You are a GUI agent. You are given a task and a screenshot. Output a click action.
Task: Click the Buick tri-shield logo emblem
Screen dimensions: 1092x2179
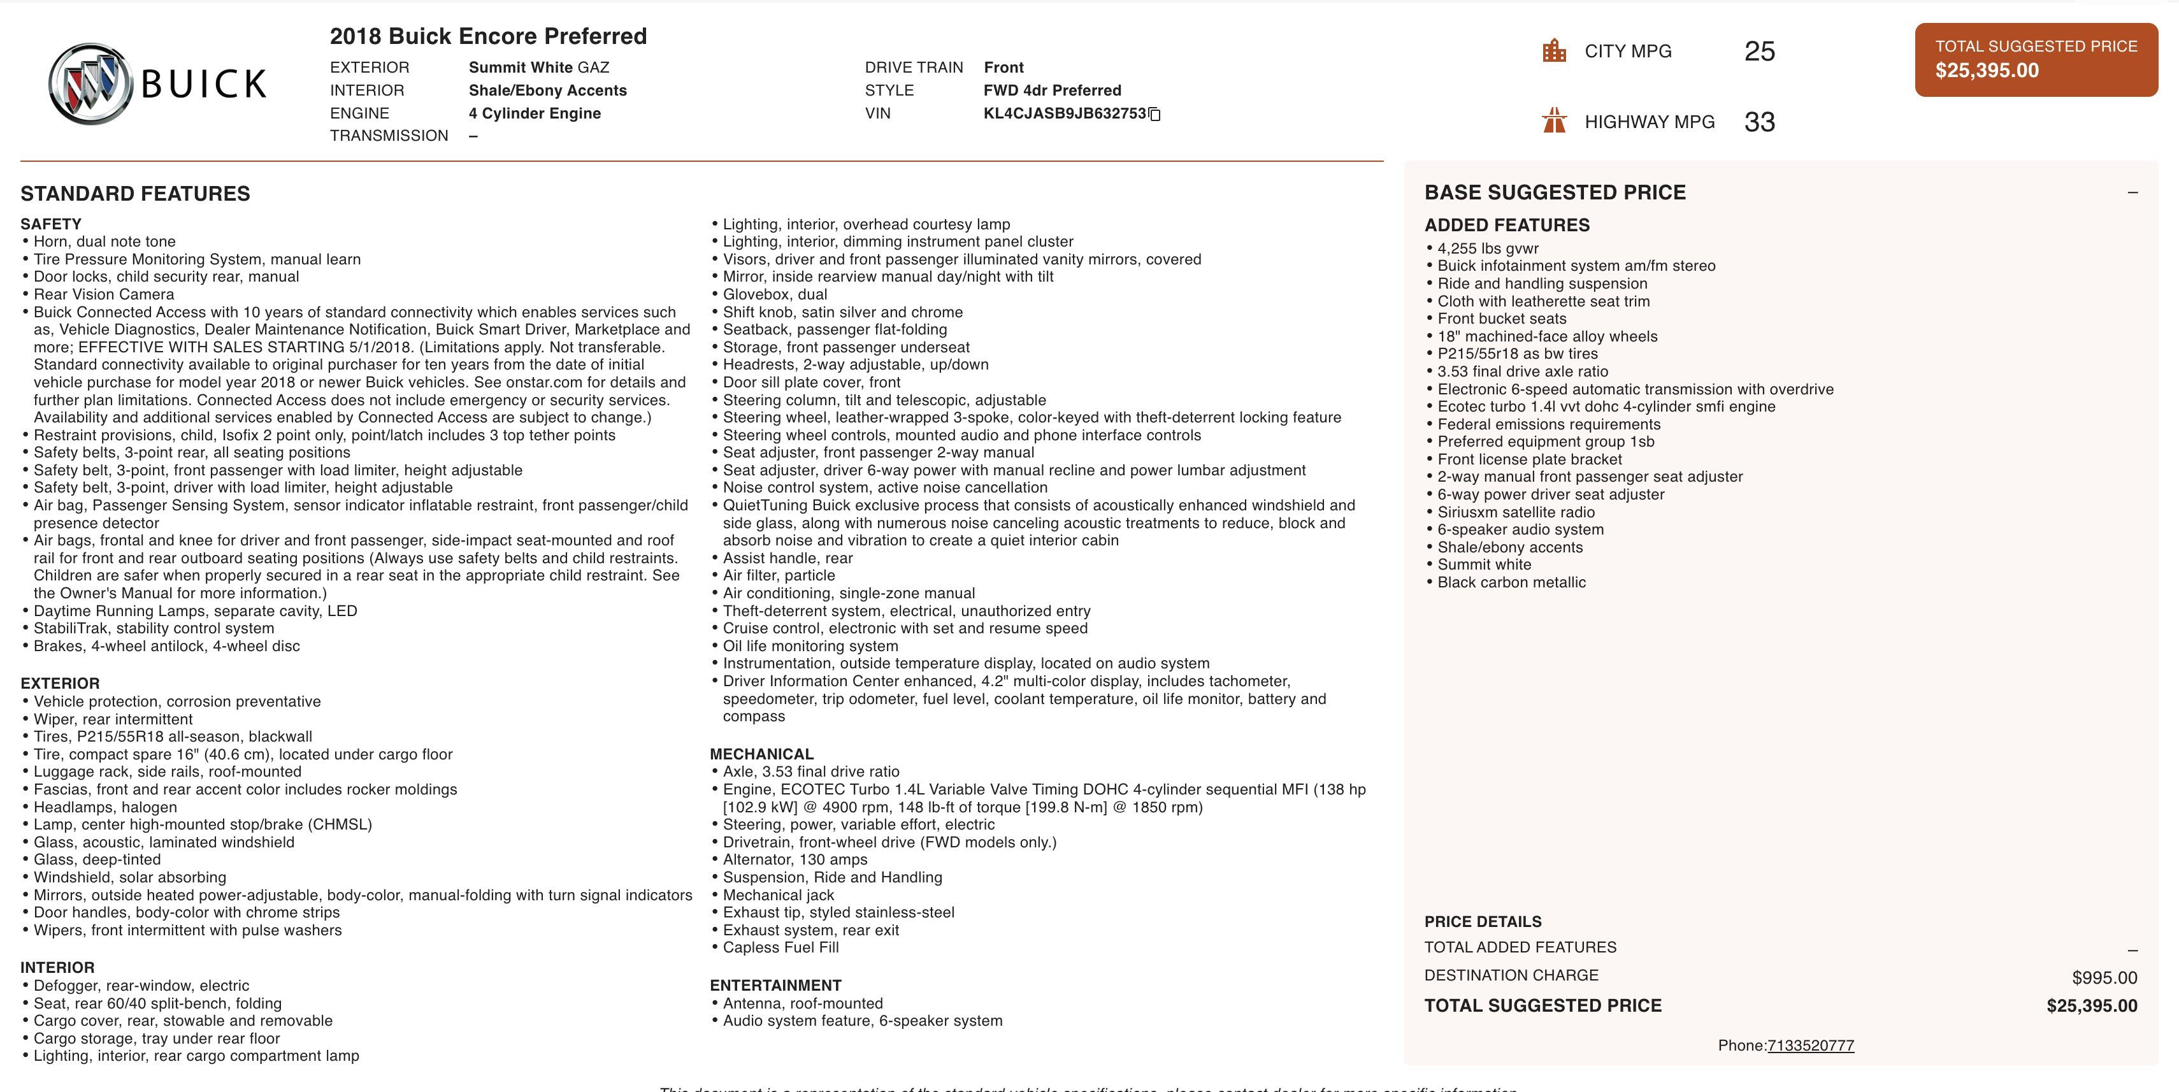point(90,83)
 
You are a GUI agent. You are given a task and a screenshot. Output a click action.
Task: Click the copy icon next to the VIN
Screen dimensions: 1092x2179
point(1154,114)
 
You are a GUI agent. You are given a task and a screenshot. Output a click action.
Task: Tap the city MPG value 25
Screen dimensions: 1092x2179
point(1759,52)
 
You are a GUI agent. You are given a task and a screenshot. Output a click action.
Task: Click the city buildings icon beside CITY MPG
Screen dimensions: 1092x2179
point(1554,51)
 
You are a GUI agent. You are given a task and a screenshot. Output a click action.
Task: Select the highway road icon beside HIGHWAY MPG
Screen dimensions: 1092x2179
point(1554,121)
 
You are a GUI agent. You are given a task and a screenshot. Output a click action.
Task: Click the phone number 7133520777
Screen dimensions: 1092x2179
point(1810,1045)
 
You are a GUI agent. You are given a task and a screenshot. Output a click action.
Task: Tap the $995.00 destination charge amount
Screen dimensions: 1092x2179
point(2104,978)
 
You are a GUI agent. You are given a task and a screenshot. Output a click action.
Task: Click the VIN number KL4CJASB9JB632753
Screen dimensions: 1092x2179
point(1064,113)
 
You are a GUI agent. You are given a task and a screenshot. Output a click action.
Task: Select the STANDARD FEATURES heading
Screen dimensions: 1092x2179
point(135,194)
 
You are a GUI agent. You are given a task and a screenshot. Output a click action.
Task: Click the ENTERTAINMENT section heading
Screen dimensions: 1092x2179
point(775,986)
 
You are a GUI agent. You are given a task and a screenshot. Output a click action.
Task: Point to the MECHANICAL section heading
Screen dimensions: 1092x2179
point(761,754)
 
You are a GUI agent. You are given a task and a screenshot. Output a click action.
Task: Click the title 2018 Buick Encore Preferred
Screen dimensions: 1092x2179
point(488,36)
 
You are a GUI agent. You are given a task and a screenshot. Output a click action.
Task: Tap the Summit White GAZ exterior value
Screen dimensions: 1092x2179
point(539,68)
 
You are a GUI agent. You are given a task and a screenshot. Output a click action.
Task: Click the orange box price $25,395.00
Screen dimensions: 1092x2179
point(1987,70)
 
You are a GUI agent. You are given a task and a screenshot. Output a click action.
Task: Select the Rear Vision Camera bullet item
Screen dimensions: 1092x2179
point(104,294)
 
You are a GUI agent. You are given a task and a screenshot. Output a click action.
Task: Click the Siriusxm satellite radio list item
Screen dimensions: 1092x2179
point(1516,512)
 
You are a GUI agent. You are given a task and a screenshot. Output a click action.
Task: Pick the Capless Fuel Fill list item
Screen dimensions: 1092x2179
point(780,947)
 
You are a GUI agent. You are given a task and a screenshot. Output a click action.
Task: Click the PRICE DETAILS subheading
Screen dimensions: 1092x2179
point(1482,921)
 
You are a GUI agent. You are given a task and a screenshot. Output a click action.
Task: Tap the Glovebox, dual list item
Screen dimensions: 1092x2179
point(775,294)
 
